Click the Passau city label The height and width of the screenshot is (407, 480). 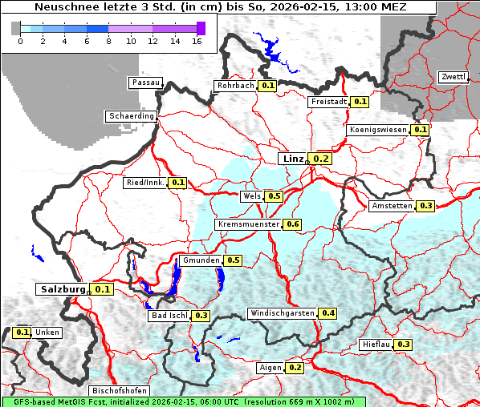coord(145,83)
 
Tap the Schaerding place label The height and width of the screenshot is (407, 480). coord(131,116)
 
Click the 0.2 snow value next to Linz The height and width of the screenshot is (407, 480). coord(321,159)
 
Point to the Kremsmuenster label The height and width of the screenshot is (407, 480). coord(248,224)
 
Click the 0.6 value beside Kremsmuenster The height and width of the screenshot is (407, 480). coord(292,224)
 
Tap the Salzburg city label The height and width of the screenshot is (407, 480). coord(63,289)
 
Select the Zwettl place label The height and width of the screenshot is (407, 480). coord(454,77)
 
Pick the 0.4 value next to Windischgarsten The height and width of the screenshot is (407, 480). coord(327,312)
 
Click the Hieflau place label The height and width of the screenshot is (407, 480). coord(376,345)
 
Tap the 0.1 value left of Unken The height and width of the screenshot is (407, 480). coord(22,332)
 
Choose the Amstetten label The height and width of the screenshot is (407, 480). coord(392,206)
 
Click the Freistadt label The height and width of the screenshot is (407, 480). coord(328,102)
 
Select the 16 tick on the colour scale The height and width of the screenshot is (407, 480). coord(197,41)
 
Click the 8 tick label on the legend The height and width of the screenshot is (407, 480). coord(108,41)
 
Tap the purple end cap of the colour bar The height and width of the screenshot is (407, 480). coord(201,28)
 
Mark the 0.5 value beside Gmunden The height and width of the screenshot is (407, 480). coord(234,260)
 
